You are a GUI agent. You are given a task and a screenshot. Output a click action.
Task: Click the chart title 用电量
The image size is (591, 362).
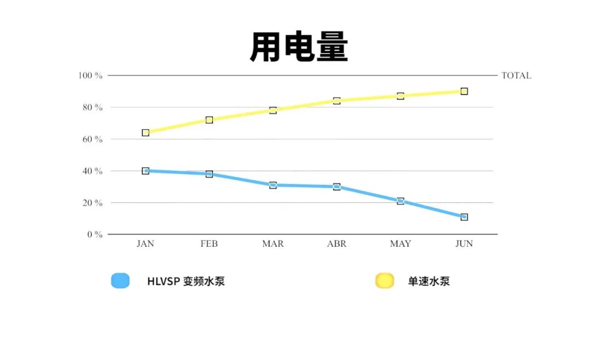click(299, 48)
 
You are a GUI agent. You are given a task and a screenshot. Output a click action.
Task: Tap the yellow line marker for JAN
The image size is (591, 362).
click(146, 133)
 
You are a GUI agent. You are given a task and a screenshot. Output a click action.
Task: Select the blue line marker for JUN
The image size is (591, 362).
click(464, 217)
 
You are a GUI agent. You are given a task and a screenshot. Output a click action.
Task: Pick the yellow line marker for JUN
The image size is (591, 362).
click(464, 91)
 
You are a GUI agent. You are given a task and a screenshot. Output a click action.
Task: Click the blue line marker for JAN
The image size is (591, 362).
click(146, 171)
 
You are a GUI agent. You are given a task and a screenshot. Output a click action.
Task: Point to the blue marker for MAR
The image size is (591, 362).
click(273, 185)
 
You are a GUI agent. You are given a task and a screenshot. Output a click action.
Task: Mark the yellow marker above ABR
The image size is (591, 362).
click(337, 101)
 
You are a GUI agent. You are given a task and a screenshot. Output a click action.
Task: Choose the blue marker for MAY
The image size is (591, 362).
click(401, 201)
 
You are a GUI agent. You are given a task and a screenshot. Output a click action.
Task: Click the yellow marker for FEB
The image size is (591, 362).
click(209, 120)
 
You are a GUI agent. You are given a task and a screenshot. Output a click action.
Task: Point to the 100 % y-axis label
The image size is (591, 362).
click(90, 75)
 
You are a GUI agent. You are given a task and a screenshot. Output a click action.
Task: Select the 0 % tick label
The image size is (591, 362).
click(94, 235)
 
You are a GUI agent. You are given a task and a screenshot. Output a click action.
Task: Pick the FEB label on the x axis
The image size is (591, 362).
click(209, 244)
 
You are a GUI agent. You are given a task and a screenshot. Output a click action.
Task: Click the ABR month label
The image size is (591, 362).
click(337, 244)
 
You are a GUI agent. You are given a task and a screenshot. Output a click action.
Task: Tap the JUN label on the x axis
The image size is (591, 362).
click(464, 244)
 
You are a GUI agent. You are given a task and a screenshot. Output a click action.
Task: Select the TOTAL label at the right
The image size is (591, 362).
click(516, 76)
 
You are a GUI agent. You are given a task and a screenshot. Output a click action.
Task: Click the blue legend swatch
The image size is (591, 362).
click(120, 281)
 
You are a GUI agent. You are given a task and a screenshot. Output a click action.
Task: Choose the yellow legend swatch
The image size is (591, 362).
click(384, 281)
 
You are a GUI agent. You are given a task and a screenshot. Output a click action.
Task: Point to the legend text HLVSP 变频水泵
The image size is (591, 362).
click(186, 282)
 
